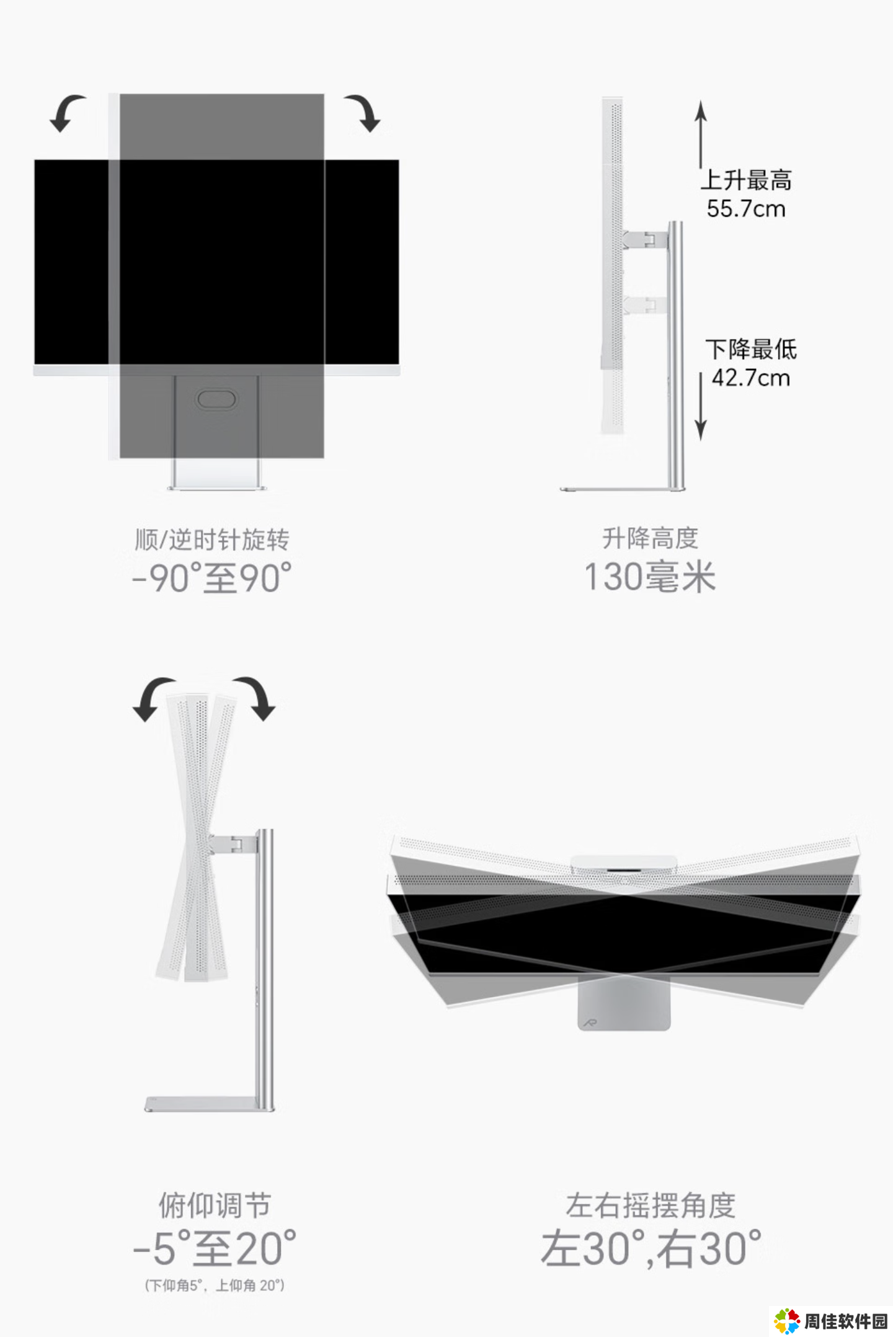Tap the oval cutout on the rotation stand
coord(216,399)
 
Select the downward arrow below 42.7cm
coord(701,406)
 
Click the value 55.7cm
coord(746,209)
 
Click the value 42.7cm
coord(750,378)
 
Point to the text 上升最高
coord(747,180)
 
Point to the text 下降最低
coord(751,349)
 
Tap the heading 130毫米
coord(650,577)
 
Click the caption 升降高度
coord(651,538)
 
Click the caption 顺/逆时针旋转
coord(212,540)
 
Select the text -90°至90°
coord(212,578)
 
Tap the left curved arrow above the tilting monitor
coord(153,698)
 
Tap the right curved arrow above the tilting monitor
coord(255,698)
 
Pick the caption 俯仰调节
coord(215,1206)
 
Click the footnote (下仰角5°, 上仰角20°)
coord(215,1286)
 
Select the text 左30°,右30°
coord(651,1248)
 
